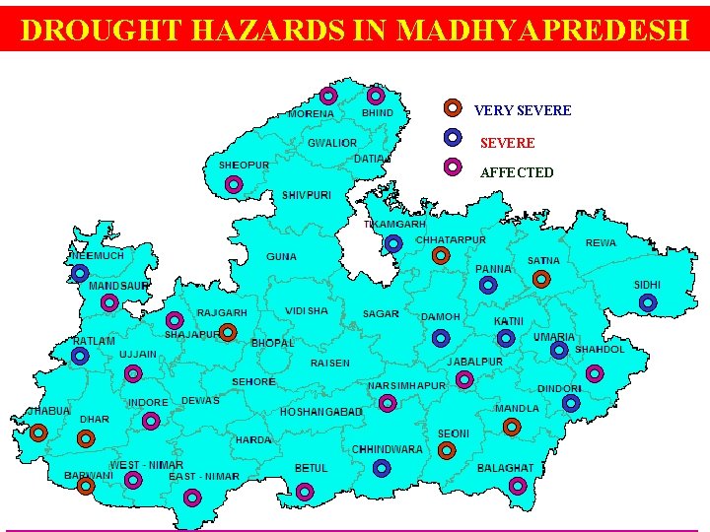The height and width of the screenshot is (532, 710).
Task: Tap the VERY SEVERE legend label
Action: [x=522, y=110]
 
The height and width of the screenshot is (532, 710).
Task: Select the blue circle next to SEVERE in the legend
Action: [x=452, y=137]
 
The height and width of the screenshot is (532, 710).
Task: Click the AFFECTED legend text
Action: [x=517, y=172]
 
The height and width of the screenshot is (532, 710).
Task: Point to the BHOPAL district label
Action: [x=272, y=343]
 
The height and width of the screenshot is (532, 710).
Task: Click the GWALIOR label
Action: [x=332, y=144]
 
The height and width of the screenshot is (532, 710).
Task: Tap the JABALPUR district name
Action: [x=474, y=362]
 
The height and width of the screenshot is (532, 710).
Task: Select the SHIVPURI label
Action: [x=307, y=196]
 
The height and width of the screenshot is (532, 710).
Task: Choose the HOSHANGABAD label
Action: [x=321, y=411]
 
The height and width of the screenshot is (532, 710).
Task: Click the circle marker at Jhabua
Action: [x=38, y=432]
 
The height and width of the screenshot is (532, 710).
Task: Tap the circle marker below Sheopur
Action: [x=233, y=184]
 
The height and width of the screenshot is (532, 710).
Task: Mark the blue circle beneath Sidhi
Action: [x=648, y=303]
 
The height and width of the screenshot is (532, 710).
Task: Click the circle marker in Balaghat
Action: [x=518, y=486]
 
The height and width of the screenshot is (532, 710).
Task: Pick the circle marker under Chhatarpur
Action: [x=441, y=256]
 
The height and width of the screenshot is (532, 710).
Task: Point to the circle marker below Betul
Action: [x=306, y=491]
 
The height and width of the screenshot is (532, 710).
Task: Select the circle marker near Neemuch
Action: [x=80, y=272]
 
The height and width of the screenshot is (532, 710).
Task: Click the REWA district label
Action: [x=601, y=242]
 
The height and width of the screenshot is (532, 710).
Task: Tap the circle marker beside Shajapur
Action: [x=227, y=332]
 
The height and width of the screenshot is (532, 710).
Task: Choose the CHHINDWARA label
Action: [x=387, y=449]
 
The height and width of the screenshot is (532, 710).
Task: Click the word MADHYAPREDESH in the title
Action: [x=541, y=30]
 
